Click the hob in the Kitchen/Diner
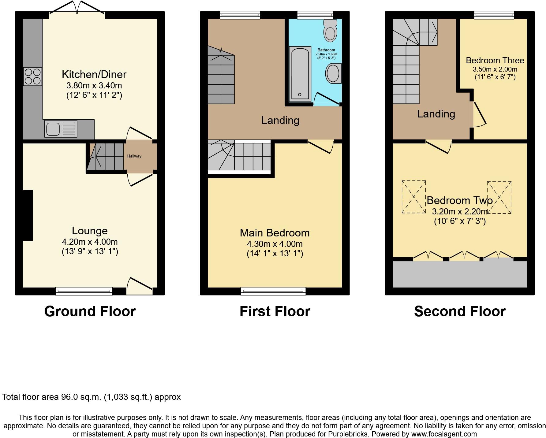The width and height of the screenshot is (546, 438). click(x=32, y=76)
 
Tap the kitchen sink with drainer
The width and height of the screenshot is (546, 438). click(x=61, y=129)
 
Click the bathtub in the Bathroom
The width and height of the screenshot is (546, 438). click(x=300, y=74)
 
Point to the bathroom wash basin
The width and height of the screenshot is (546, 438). click(x=333, y=73)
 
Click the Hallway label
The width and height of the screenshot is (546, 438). click(x=134, y=156)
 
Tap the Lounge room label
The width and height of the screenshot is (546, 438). click(x=90, y=231)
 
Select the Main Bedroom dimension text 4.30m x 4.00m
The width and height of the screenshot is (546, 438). click(x=275, y=244)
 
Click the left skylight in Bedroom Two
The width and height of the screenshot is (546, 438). click(x=413, y=197)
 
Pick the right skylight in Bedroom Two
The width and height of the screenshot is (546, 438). click(x=499, y=198)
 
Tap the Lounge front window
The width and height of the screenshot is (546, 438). click(x=84, y=291)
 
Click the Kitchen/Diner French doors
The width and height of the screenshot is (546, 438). click(x=77, y=9)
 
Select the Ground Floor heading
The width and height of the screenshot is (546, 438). click(x=90, y=311)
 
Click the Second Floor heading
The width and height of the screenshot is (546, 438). click(x=460, y=311)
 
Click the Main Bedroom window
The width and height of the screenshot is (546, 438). click(x=273, y=291)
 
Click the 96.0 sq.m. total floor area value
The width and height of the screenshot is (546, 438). click(x=81, y=397)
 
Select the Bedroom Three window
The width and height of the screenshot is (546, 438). click(x=494, y=15)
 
